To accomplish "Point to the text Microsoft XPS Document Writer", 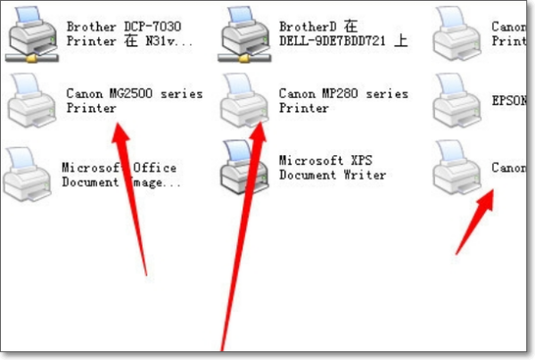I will pyautogui.click(x=333, y=168).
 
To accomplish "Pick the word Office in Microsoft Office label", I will pyautogui.click(x=155, y=168).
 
